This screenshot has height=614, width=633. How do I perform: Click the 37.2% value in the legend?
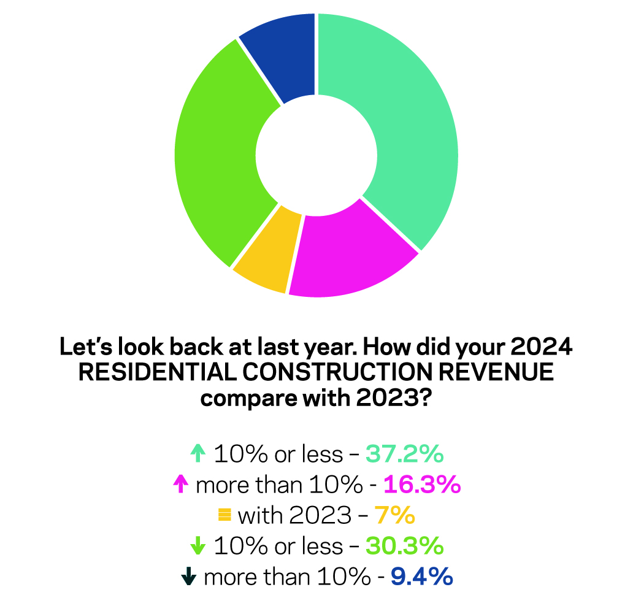click(x=404, y=455)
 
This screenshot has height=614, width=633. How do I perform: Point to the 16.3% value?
click(x=421, y=485)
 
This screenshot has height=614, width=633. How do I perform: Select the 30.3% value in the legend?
click(x=404, y=546)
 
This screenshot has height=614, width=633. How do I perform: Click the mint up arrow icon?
click(x=197, y=455)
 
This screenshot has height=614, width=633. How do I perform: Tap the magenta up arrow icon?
click(x=180, y=485)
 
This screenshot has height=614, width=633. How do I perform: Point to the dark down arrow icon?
click(x=190, y=576)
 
